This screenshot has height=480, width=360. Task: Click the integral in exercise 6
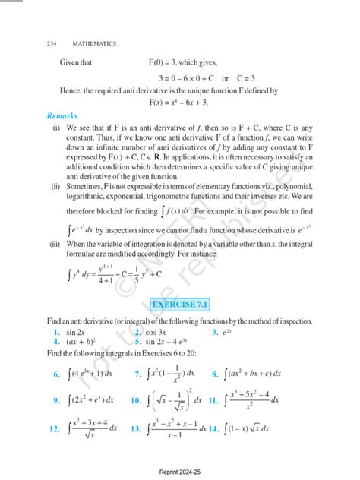[90, 374]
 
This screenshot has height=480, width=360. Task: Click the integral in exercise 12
[92, 428]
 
